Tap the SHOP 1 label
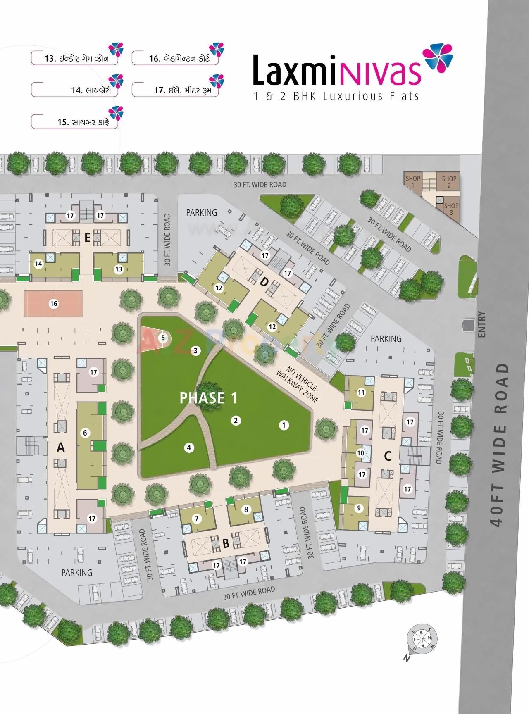(412, 181)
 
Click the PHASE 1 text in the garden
(209, 398)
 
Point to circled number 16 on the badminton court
(54, 304)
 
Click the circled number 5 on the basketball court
(163, 338)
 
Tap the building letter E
(87, 238)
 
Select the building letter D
(264, 283)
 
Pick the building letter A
(61, 447)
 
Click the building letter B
(226, 544)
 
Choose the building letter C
(387, 456)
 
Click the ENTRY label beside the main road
(481, 325)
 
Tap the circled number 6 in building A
(85, 433)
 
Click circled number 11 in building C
(362, 393)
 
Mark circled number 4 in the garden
(189, 447)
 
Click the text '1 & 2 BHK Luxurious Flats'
(336, 97)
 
